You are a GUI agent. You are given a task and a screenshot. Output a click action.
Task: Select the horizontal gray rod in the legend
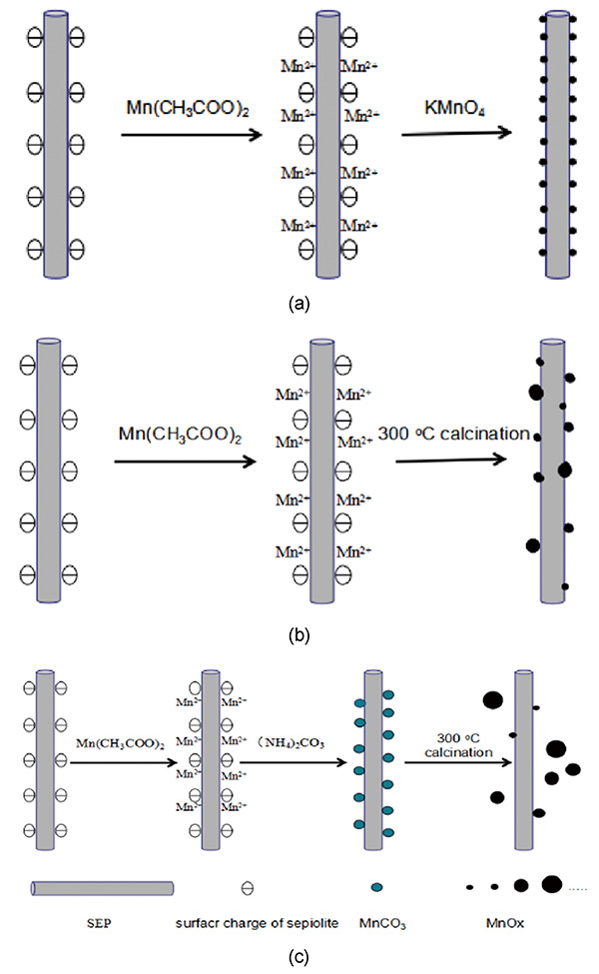click(102, 887)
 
